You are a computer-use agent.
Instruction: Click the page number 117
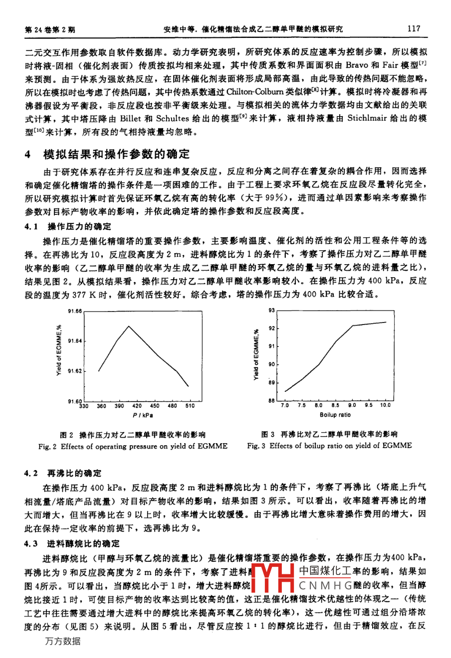(x=414, y=28)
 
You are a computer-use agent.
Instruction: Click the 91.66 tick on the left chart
(x=74, y=311)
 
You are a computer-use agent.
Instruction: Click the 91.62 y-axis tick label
(x=74, y=371)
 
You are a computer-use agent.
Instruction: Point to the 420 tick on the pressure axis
(x=137, y=406)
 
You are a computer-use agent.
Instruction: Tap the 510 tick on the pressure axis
(x=190, y=406)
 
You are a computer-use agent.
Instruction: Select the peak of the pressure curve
(x=129, y=326)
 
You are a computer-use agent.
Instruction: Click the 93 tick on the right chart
(x=272, y=310)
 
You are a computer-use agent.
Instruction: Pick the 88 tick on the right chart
(x=272, y=400)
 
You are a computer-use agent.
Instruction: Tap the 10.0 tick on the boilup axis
(x=385, y=405)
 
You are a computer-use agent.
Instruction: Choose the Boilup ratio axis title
(x=335, y=414)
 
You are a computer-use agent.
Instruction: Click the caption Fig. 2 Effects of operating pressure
(x=133, y=446)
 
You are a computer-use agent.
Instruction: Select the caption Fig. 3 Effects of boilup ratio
(x=329, y=446)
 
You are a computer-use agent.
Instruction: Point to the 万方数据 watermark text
(x=62, y=641)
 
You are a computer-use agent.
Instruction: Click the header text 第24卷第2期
(x=50, y=29)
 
